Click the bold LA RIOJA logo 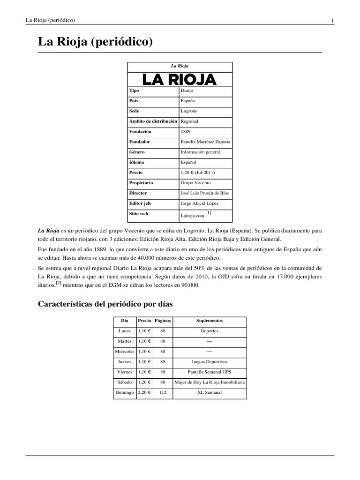pyautogui.click(x=180, y=79)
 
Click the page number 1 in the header pyautogui.click(x=332, y=20)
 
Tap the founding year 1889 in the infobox pyautogui.click(x=186, y=132)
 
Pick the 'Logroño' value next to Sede pyautogui.click(x=189, y=111)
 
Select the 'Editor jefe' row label pyautogui.click(x=141, y=203)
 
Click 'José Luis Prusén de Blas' pyautogui.click(x=205, y=193)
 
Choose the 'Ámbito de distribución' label pyautogui.click(x=153, y=121)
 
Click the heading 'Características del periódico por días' pyautogui.click(x=105, y=304)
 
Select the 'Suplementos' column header pyautogui.click(x=210, y=321)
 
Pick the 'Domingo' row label pyautogui.click(x=125, y=392)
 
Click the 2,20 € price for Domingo pyautogui.click(x=144, y=392)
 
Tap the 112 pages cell pyautogui.click(x=163, y=392)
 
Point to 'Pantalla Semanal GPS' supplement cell pyautogui.click(x=210, y=372)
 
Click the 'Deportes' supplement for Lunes pyautogui.click(x=210, y=331)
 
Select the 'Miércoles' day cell pyautogui.click(x=125, y=352)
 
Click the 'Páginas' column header pyautogui.click(x=163, y=321)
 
